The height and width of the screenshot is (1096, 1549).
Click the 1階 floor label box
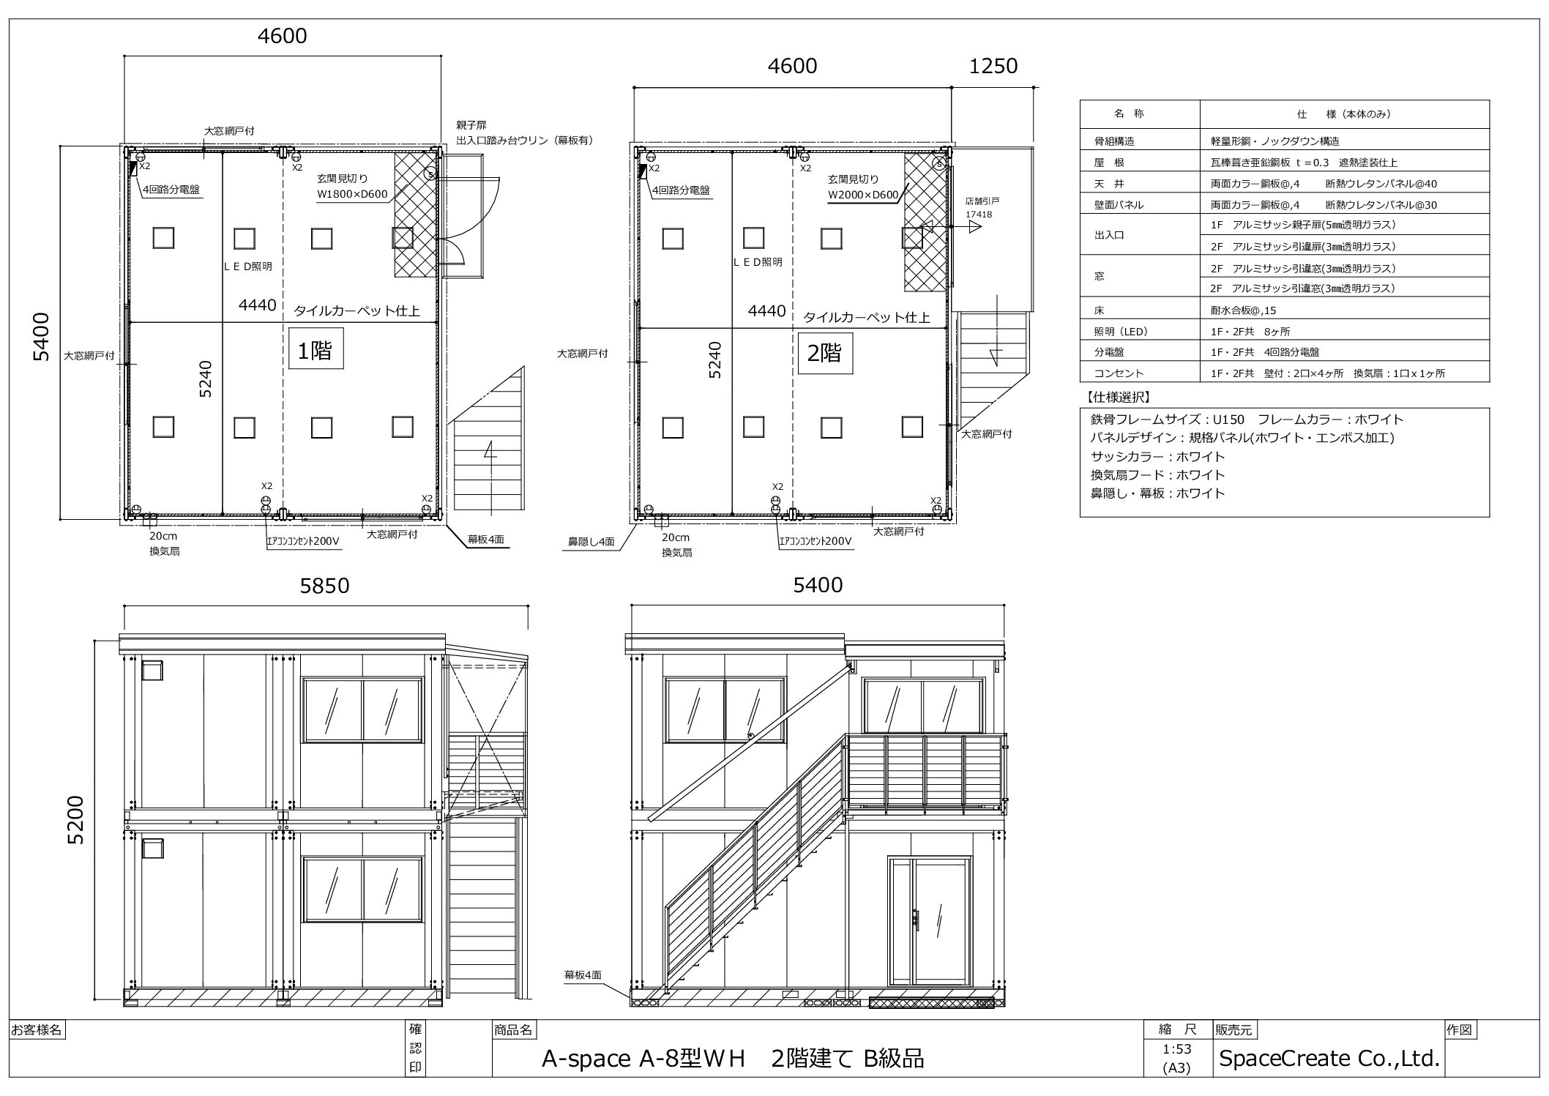pos(316,351)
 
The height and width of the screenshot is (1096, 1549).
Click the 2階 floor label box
pos(824,354)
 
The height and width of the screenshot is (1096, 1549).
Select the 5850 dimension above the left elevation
pos(324,586)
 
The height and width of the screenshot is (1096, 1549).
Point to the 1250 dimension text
pos(993,66)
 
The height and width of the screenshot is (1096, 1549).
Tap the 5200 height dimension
pos(76,819)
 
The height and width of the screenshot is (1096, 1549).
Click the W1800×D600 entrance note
pos(351,195)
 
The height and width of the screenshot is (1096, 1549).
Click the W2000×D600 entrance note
pos(863,195)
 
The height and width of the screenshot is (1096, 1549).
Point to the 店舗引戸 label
pos(982,201)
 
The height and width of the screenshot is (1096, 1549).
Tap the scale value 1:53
pos(1176,1049)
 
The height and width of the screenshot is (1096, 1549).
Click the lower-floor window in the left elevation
pos(363,890)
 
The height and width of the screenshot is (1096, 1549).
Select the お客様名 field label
pos(37,1030)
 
